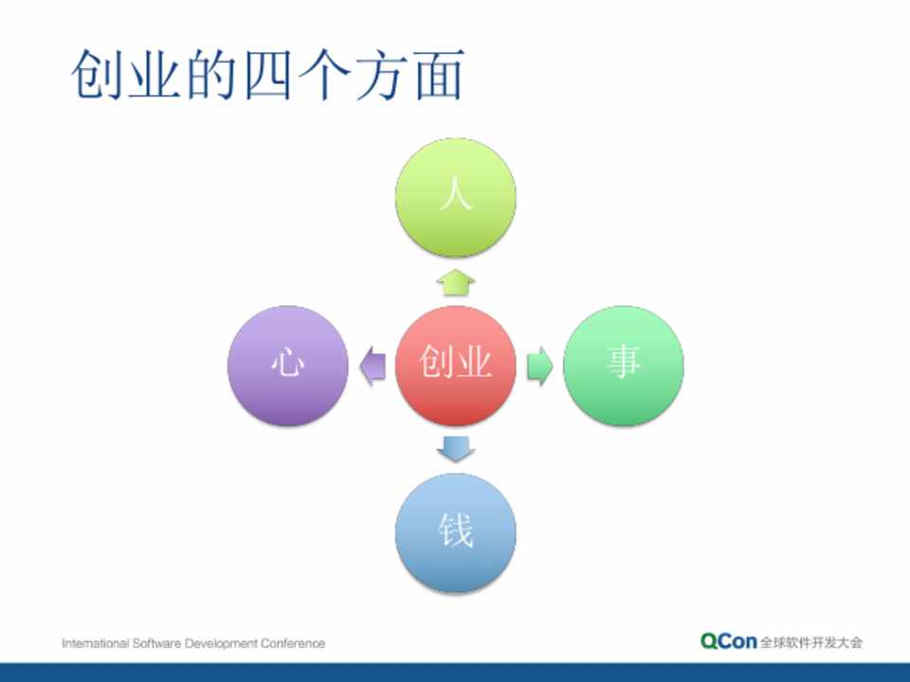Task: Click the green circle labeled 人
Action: coord(456,197)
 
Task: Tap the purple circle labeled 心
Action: coord(288,366)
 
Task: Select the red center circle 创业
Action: coord(456,366)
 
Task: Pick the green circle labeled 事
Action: coord(624,366)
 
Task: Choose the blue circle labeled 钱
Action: coord(456,533)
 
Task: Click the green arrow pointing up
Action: coord(456,282)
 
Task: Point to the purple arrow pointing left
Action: coord(372,366)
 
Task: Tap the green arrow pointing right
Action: coord(539,366)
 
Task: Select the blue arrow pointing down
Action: coord(456,449)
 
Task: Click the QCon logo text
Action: coord(728,641)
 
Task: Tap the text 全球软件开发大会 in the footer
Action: coord(811,642)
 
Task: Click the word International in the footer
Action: coord(95,643)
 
